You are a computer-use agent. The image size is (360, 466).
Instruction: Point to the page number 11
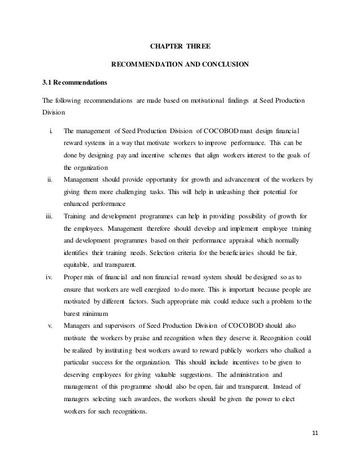(315, 449)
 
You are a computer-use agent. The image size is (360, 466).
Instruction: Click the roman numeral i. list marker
(51, 130)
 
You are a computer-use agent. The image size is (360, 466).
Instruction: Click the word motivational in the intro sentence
(204, 100)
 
